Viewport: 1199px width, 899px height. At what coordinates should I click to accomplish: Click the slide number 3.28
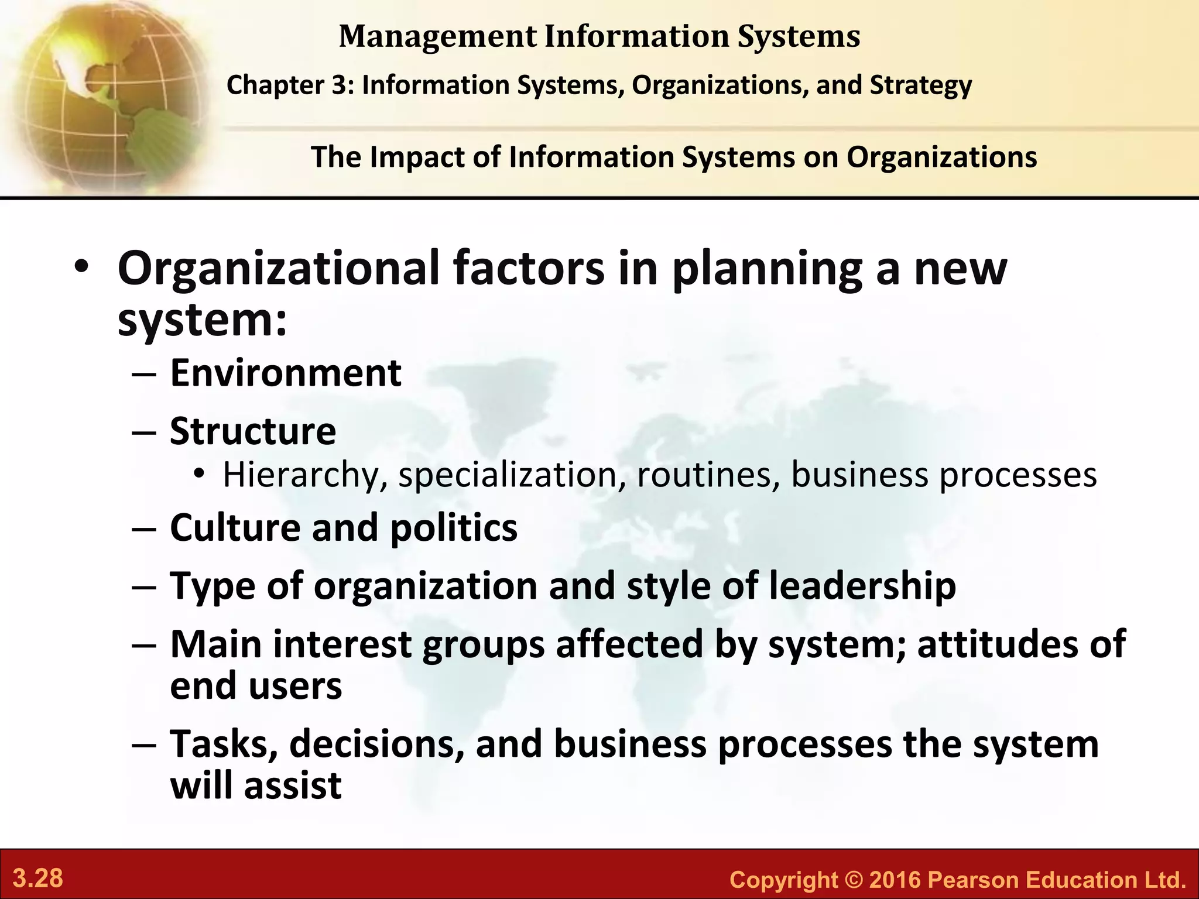pyautogui.click(x=38, y=879)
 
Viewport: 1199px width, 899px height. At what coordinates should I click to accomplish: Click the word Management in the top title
pyautogui.click(x=437, y=36)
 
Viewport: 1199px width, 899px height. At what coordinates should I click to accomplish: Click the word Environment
pyautogui.click(x=286, y=373)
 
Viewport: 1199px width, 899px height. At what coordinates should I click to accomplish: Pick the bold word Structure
pyautogui.click(x=253, y=431)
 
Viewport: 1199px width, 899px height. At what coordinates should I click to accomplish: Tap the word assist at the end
pyautogui.click(x=293, y=785)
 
